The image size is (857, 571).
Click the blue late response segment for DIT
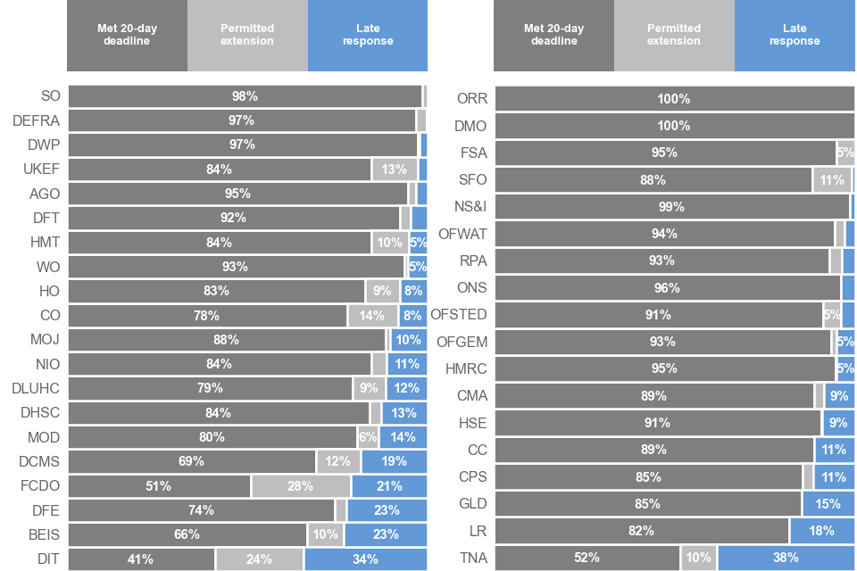coord(365,559)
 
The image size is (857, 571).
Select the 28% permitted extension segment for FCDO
coord(301,486)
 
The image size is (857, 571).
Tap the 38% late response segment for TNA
coord(786,558)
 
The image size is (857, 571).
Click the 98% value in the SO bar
coord(245,96)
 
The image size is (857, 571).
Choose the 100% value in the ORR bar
coord(673,99)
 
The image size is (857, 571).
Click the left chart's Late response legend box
coord(367,35)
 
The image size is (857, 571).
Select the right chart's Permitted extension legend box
coord(674,35)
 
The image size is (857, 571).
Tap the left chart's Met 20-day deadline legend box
coord(127,35)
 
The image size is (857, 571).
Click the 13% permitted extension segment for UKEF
coord(395,170)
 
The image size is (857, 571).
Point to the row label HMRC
coord(466,368)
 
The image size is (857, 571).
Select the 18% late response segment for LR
coord(821,531)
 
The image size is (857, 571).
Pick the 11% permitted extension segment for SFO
coord(831,179)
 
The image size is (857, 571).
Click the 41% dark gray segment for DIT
coord(141,559)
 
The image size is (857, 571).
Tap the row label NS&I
coord(470,207)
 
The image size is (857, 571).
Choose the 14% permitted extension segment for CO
coord(372,315)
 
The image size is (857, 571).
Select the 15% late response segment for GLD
coord(828,504)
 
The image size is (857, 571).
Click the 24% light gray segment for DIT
coord(259,559)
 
